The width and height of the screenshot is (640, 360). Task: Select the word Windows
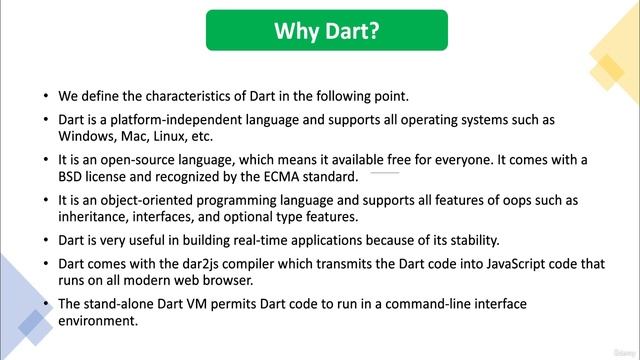pos(87,136)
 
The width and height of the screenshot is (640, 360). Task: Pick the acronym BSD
pos(73,177)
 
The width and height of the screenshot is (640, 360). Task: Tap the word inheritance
pos(97,217)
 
